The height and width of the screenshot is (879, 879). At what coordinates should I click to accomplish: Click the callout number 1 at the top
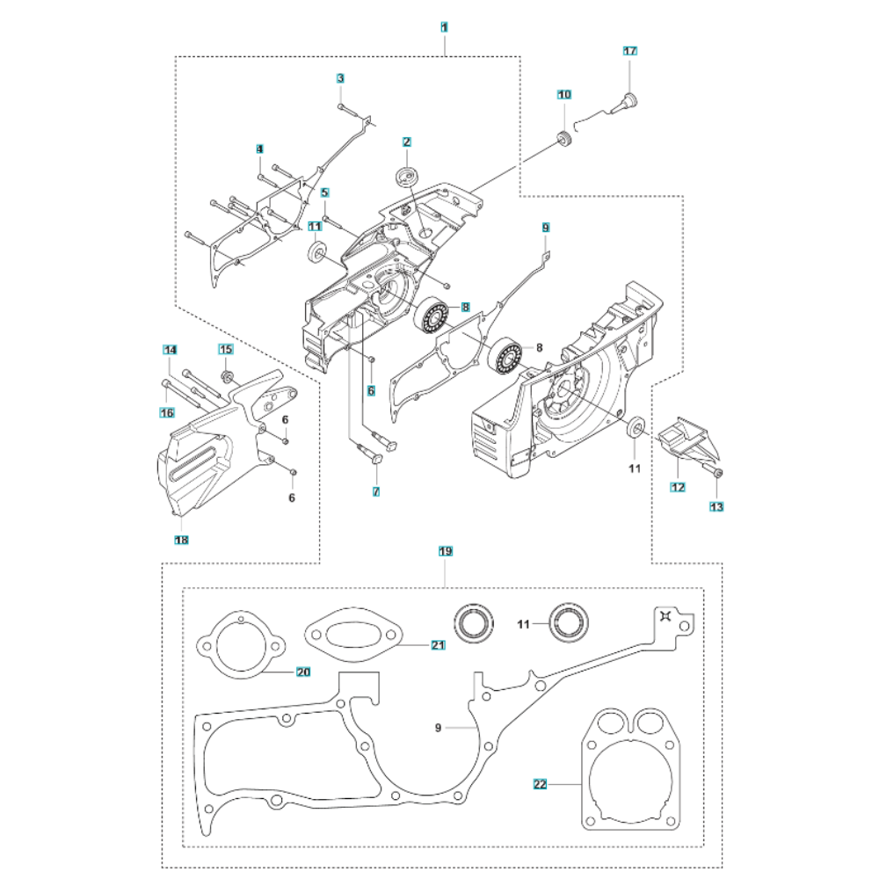coord(445,28)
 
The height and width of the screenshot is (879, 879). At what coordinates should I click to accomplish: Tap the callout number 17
coord(630,51)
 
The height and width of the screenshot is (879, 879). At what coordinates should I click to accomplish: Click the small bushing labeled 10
coord(563,139)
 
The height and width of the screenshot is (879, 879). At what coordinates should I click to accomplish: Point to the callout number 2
coord(406,142)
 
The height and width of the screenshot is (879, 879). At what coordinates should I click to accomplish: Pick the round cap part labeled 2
coord(407,174)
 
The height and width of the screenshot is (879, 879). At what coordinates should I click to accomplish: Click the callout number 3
coord(340,79)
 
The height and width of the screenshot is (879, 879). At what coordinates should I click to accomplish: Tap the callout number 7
coord(375,492)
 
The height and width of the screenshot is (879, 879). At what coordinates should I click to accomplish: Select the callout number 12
coord(678,487)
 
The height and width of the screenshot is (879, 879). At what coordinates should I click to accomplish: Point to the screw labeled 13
coord(716,475)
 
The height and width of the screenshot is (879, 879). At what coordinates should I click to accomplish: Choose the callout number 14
coord(171,350)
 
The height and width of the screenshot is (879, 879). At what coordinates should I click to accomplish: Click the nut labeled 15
coord(226,376)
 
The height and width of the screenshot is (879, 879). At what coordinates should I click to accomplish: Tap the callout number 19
coord(445,551)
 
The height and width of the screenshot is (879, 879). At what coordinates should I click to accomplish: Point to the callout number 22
coord(541,782)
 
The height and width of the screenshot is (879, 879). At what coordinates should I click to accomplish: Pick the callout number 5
coord(324,193)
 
